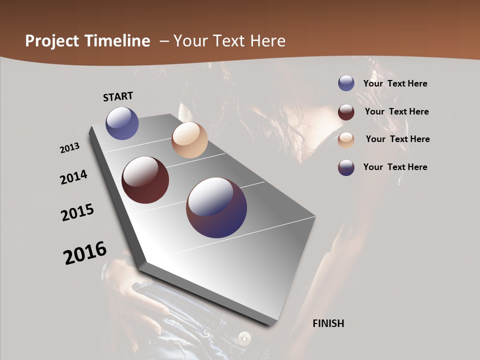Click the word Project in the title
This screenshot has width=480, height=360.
(x=52, y=41)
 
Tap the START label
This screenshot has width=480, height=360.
(x=118, y=96)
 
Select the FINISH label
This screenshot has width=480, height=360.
(x=328, y=323)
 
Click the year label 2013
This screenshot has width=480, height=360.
(x=70, y=148)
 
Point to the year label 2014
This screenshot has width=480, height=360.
(x=74, y=177)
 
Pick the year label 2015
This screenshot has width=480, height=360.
(x=77, y=212)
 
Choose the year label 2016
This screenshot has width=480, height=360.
(x=85, y=252)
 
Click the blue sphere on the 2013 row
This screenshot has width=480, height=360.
(x=122, y=123)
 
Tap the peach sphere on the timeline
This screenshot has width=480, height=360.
(x=189, y=140)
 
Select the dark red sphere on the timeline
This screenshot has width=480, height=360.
(x=145, y=180)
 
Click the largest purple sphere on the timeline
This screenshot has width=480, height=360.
(x=216, y=207)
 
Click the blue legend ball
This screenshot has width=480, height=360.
(x=346, y=83)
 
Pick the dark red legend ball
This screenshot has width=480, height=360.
(x=346, y=112)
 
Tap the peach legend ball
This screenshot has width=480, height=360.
(x=346, y=139)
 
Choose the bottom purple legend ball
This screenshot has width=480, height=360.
(x=346, y=167)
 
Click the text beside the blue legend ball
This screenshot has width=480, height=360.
(x=395, y=83)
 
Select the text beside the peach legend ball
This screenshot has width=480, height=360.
(x=398, y=139)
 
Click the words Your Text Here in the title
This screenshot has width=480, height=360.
(x=229, y=41)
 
